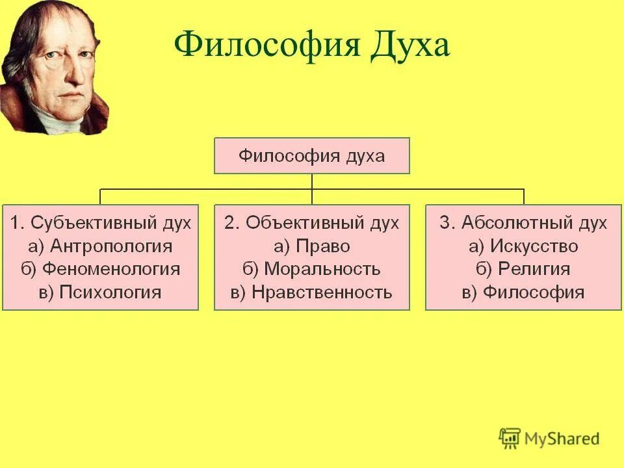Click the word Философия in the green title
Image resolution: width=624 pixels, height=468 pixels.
268,47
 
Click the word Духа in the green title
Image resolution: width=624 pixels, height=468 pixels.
409,47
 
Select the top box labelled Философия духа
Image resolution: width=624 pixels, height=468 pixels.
312,156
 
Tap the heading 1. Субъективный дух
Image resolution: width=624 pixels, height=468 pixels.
100,223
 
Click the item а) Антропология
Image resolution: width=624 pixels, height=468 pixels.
100,246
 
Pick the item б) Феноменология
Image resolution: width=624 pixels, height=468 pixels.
100,269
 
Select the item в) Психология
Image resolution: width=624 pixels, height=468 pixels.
100,292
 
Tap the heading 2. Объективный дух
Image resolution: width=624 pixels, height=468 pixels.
312,223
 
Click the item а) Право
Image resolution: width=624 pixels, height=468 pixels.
312,246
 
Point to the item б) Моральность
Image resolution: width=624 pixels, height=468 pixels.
312,269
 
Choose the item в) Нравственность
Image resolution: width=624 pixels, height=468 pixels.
312,292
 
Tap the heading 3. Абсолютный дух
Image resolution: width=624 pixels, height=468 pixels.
523,223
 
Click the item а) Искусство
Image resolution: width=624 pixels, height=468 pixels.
523,246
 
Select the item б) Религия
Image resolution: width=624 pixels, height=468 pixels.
523,269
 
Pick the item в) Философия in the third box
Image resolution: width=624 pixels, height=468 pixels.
523,292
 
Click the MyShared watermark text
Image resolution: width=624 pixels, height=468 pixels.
563,439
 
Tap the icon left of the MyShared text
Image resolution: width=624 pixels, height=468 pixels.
510,439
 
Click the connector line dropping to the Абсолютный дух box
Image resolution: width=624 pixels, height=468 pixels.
524,196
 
